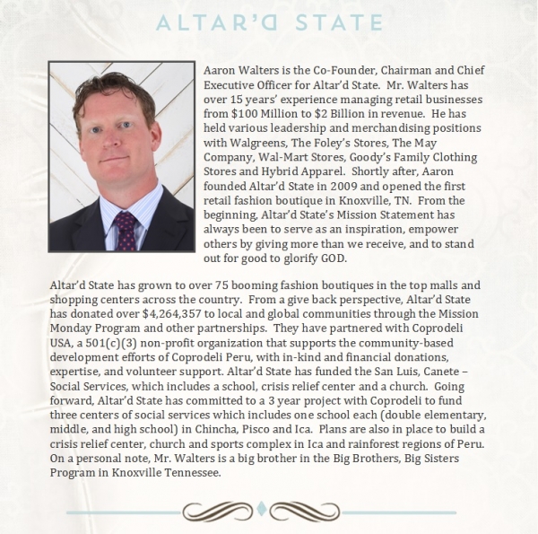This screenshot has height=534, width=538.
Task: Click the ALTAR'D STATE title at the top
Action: coord(269,21)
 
